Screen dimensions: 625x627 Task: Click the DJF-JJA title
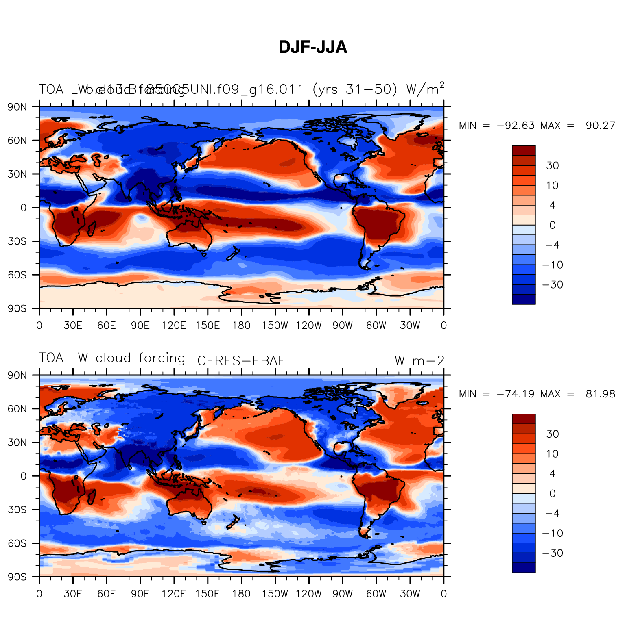312,48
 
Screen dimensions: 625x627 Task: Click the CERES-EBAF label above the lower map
241,360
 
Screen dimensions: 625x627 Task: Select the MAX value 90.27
600,126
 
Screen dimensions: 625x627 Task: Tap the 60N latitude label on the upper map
17,141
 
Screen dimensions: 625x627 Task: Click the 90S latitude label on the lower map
17,577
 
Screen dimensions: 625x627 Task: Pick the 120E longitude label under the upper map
174,326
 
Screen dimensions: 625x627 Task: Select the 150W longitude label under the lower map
275,594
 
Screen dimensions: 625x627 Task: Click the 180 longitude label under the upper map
241,326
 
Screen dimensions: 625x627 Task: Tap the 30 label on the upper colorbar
552,165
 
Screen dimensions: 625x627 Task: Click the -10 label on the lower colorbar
552,533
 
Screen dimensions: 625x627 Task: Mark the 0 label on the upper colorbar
552,225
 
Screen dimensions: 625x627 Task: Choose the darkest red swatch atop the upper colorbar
524,150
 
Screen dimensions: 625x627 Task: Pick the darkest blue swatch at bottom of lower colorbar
524,568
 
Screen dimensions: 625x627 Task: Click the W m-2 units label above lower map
419,360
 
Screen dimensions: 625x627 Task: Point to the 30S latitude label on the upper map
17,241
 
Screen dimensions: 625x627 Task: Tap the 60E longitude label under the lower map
106,594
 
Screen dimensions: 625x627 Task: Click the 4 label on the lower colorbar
552,474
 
